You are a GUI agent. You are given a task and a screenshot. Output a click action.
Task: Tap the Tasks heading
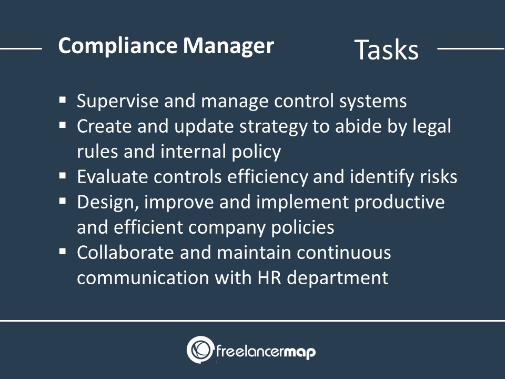coord(386,49)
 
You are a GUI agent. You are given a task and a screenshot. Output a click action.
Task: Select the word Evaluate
coord(113,177)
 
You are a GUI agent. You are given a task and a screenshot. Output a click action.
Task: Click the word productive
coord(399,203)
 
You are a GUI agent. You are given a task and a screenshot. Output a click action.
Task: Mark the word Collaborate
coord(126,252)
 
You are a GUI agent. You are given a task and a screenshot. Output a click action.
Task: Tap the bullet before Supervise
coord(63,99)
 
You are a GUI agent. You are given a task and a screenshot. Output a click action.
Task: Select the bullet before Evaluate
coord(63,175)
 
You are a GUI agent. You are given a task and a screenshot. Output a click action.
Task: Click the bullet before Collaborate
coord(63,251)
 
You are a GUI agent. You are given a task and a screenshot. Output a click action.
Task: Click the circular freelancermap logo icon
coord(200,350)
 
